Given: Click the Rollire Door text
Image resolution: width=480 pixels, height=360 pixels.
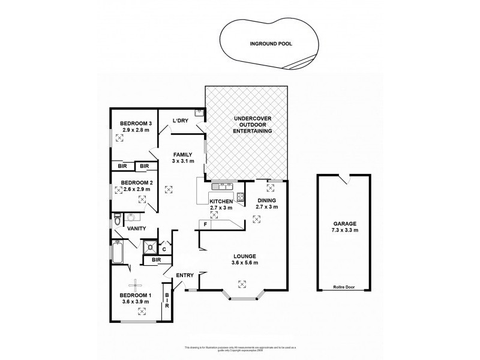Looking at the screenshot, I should click(344, 287).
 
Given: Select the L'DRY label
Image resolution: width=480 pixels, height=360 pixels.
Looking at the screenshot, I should click(181, 121).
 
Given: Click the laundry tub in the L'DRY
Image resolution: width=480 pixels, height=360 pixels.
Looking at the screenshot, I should click(199, 112).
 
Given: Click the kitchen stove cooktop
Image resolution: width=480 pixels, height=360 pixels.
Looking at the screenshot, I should click(241, 197).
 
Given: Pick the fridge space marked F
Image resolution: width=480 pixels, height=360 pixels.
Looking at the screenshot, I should click(205, 224).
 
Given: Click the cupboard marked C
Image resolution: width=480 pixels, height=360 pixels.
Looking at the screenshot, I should click(164, 248).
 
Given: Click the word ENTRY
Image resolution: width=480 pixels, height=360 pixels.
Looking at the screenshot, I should click(184, 275).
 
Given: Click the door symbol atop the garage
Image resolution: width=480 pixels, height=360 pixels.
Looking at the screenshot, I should click(343, 178).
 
